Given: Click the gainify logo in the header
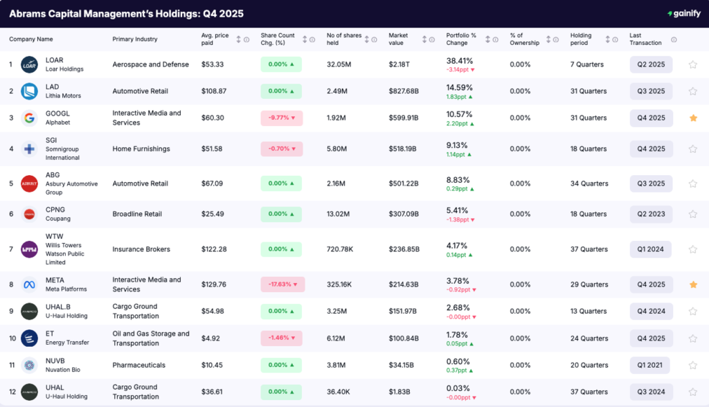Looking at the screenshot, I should pyautogui.click(x=683, y=14).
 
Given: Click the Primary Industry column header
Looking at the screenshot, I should pyautogui.click(x=134, y=39).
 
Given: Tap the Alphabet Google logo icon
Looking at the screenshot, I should pyautogui.click(x=29, y=118).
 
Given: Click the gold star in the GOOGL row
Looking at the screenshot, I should pyautogui.click(x=692, y=118).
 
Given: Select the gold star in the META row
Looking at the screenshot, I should pyautogui.click(x=692, y=284).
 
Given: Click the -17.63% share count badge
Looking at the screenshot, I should pyautogui.click(x=282, y=284).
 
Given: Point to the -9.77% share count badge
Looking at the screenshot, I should pyautogui.click(x=281, y=118).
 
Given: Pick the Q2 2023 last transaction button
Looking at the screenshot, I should pyautogui.click(x=650, y=214).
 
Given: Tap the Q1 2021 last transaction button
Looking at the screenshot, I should pyautogui.click(x=650, y=365).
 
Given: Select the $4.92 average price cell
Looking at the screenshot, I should pyautogui.click(x=211, y=338).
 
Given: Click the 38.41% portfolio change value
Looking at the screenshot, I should pyautogui.click(x=459, y=60).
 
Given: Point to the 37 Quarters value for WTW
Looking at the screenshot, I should pyautogui.click(x=589, y=249).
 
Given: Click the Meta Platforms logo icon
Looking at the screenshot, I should pyautogui.click(x=29, y=284).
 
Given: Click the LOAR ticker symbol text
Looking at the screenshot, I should pyautogui.click(x=54, y=60).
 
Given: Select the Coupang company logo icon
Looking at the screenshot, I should pyautogui.click(x=29, y=214).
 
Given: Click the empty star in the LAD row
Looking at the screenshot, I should pyautogui.click(x=692, y=91).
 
